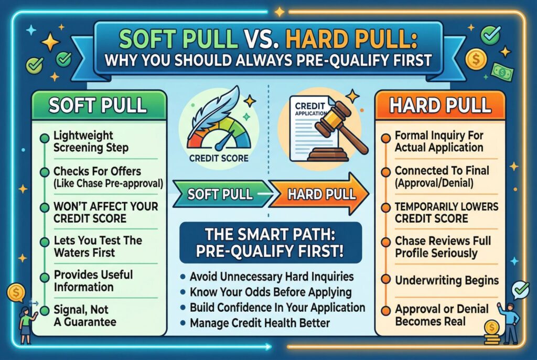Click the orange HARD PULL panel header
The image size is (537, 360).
(440, 105)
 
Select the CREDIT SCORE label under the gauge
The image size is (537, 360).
(219, 158)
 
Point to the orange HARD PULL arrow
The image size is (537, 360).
(318, 194)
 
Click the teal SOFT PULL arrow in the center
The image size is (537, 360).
(221, 194)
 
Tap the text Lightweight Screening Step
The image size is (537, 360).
(91, 141)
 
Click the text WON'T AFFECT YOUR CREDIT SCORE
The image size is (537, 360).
(106, 212)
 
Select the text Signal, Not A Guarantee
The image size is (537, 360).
(84, 315)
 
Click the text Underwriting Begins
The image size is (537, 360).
(447, 280)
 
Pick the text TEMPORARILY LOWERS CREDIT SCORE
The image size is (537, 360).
(446, 212)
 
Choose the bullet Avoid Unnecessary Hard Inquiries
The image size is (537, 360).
(267, 276)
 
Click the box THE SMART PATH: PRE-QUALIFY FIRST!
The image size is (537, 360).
(271, 243)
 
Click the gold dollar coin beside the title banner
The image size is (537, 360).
(476, 59)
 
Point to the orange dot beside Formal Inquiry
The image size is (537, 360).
(385, 138)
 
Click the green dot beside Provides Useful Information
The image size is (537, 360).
(45, 277)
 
